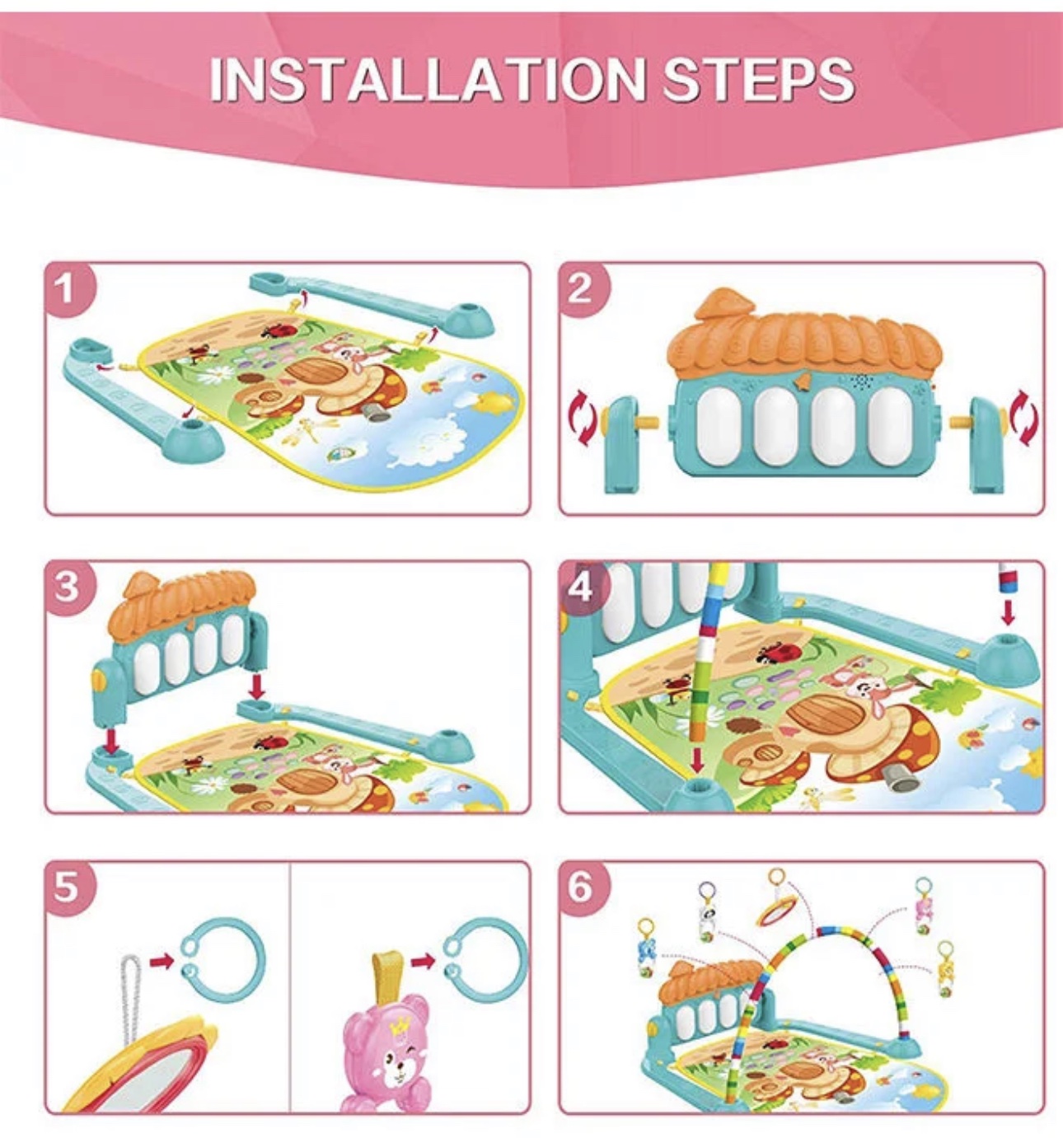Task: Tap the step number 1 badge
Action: (67, 288)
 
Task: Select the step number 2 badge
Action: (581, 288)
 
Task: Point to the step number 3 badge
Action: (67, 588)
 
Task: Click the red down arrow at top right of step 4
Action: (1008, 613)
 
